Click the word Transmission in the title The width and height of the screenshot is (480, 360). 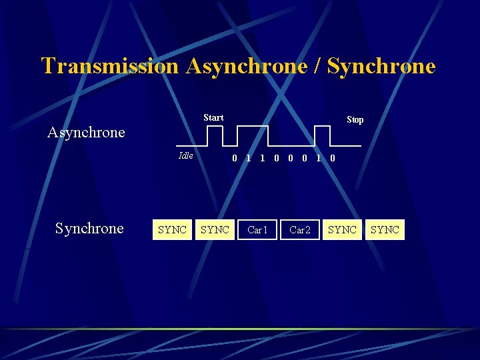pos(110,66)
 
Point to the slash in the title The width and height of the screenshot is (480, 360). pos(313,66)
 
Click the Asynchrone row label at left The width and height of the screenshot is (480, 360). pos(86,132)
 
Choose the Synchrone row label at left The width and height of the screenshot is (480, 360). pos(89,229)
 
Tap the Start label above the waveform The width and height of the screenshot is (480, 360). pos(213,117)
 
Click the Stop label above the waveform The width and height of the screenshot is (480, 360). pos(355,120)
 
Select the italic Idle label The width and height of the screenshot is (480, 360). pos(186,156)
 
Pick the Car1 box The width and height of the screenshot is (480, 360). pos(257,230)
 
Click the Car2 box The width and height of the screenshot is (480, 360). pos(300,230)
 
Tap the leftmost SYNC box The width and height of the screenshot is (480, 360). pos(172,230)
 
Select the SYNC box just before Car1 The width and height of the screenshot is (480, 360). pos(215,230)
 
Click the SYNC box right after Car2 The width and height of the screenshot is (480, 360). pos(343,230)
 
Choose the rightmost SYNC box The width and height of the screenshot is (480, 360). pos(385,230)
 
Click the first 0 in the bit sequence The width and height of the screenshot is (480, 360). pos(234,159)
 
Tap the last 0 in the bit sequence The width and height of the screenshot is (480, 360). pos(333,159)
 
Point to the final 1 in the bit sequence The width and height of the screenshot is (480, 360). pos(318,159)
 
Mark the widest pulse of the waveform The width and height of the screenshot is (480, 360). pos(253,127)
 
